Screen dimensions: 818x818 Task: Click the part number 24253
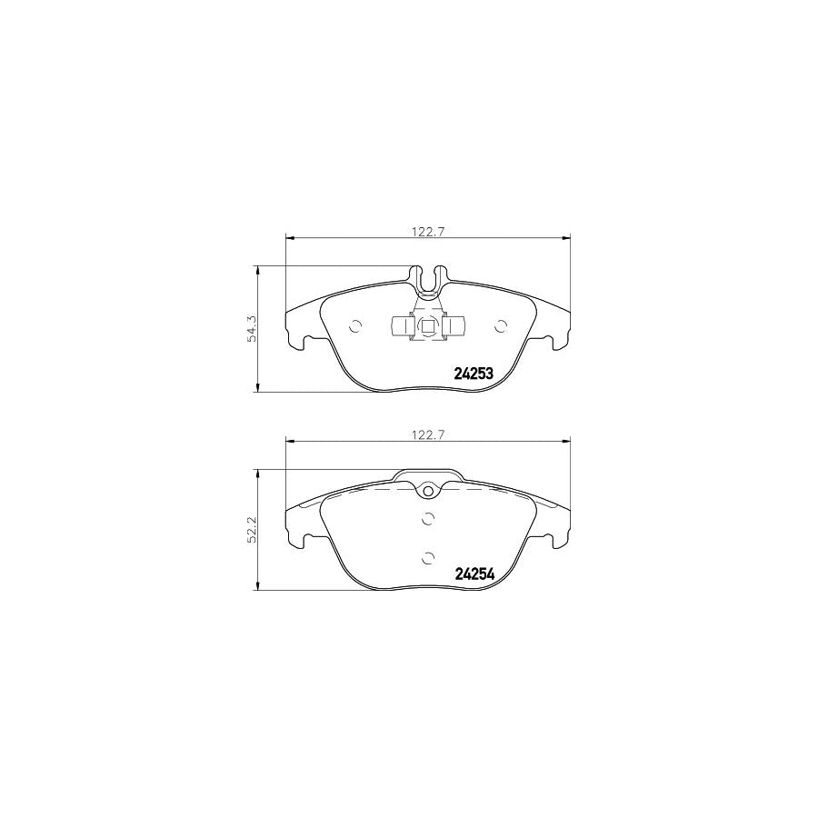coord(474,374)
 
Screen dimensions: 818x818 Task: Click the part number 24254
coord(474,574)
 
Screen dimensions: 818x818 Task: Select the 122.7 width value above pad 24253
coord(428,233)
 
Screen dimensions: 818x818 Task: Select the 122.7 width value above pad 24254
coord(428,435)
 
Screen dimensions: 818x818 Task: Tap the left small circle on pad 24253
coord(354,326)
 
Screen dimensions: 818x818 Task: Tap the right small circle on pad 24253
coord(501,326)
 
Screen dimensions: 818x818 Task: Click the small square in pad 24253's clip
coord(428,326)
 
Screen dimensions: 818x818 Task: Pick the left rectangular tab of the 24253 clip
coord(402,326)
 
